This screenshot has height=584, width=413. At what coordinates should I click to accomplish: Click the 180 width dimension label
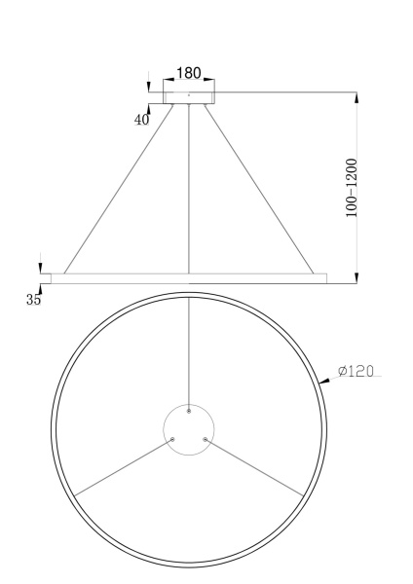[188, 74]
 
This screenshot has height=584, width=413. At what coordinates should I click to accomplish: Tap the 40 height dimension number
[142, 120]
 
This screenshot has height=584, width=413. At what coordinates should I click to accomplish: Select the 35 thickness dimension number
[34, 300]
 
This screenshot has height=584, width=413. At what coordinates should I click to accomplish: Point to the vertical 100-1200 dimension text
[351, 188]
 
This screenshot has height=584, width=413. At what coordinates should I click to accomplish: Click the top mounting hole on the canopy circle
[188, 411]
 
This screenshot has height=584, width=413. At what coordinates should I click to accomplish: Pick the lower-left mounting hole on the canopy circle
[172, 439]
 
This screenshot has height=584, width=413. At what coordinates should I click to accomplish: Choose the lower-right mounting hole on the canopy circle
[205, 439]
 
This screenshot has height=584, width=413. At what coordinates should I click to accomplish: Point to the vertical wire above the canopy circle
[188, 350]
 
